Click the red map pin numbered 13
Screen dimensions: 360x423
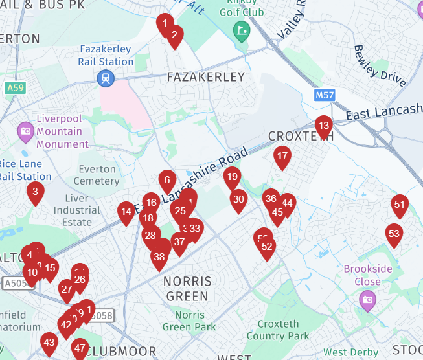click(323, 126)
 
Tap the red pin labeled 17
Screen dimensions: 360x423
click(282, 156)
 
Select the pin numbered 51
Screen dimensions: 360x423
click(400, 205)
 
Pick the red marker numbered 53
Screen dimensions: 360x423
click(394, 234)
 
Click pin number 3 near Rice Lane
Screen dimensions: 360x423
click(36, 192)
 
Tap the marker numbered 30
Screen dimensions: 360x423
click(238, 200)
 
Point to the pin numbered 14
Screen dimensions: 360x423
click(126, 212)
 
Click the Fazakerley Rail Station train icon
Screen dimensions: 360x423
click(105, 78)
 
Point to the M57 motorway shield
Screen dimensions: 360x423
click(325, 95)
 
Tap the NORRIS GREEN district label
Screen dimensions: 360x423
click(187, 289)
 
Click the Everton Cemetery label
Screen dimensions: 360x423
click(97, 175)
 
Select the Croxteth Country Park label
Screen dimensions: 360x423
click(278, 330)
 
